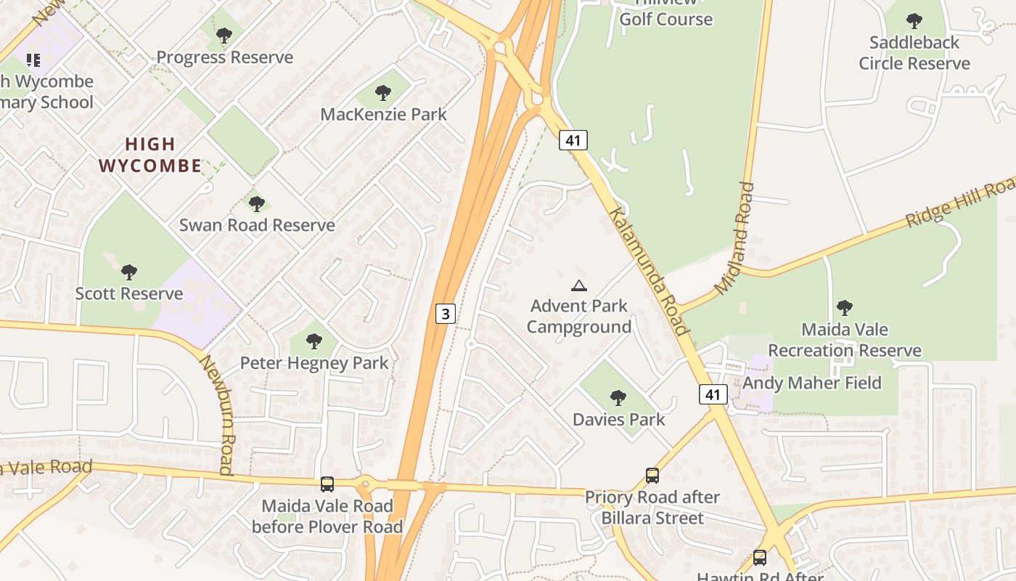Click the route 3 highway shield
click(x=446, y=314)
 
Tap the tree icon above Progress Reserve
click(x=224, y=35)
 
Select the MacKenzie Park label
click(x=383, y=114)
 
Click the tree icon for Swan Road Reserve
click(x=256, y=203)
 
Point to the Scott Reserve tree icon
click(x=129, y=272)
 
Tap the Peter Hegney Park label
click(x=314, y=362)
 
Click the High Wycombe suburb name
click(x=150, y=155)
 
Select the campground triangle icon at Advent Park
click(x=578, y=286)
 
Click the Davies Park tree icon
click(x=618, y=398)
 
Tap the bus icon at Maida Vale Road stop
click(x=327, y=484)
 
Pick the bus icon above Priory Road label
click(x=652, y=476)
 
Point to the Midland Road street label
click(x=734, y=238)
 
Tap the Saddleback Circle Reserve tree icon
click(x=914, y=21)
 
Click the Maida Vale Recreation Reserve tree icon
click(x=844, y=307)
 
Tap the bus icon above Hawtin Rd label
click(x=760, y=557)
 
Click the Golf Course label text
click(x=665, y=19)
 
